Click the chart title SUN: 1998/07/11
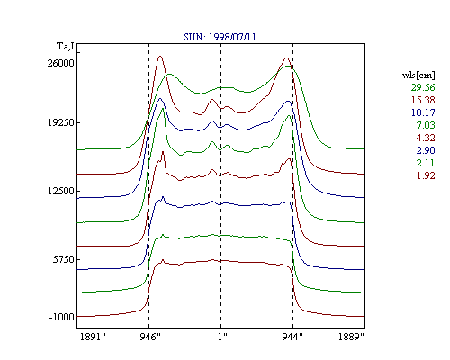click(220, 37)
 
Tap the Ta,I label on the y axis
click(66, 46)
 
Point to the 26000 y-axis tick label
click(61, 63)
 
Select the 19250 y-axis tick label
click(61, 122)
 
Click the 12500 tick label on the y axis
click(61, 191)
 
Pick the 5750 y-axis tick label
click(63, 259)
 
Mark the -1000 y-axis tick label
click(61, 317)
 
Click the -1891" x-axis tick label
click(92, 337)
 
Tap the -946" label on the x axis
click(148, 337)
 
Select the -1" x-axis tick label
click(220, 337)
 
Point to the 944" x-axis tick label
click(292, 337)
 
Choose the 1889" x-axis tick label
click(351, 337)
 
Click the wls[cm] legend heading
click(418, 75)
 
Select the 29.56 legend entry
click(423, 87)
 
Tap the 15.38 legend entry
click(423, 100)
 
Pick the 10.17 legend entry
click(423, 112)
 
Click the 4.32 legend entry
click(426, 138)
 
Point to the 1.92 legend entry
click(426, 175)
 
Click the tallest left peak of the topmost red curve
click(160, 56)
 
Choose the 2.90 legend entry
click(426, 150)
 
